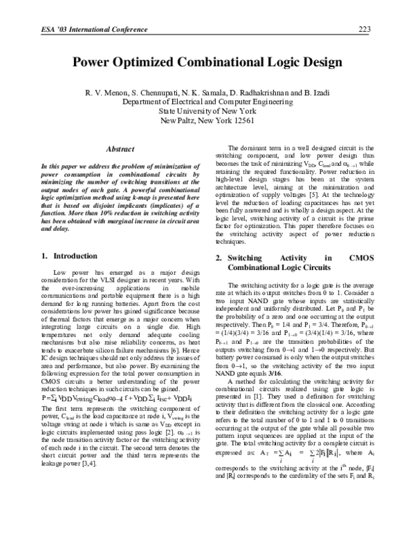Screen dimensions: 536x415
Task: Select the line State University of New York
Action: tap(207, 111)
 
